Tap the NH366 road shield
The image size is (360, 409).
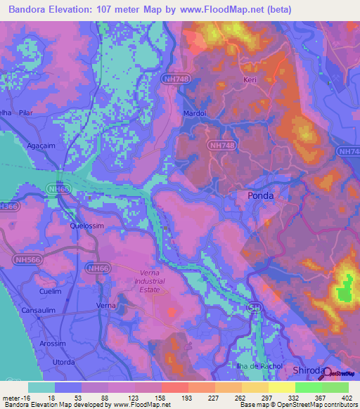[x=8, y=207]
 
